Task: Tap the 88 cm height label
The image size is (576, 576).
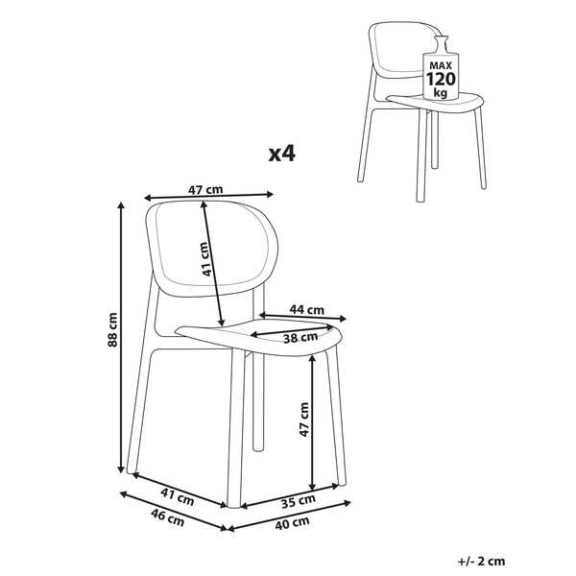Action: pos(112,329)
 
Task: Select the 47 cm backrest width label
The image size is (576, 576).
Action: pos(205,191)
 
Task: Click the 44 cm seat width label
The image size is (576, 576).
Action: pos(307,309)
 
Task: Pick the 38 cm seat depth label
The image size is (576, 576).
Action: pos(300,337)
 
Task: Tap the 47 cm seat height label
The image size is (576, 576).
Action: pos(303,420)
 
